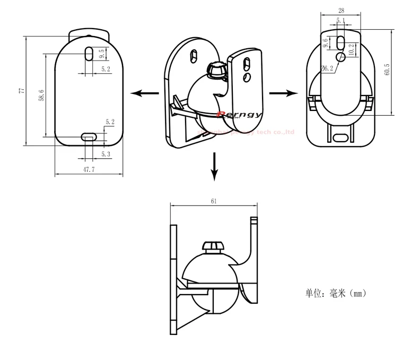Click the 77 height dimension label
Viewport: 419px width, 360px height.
[22, 90]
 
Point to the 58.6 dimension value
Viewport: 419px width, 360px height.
[41, 95]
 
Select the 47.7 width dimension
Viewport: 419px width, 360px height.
[89, 169]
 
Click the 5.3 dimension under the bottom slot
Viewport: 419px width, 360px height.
[106, 154]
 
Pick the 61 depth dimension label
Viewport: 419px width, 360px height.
[213, 201]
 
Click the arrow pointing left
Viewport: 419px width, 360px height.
[145, 93]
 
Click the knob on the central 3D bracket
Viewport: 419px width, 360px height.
[216, 70]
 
